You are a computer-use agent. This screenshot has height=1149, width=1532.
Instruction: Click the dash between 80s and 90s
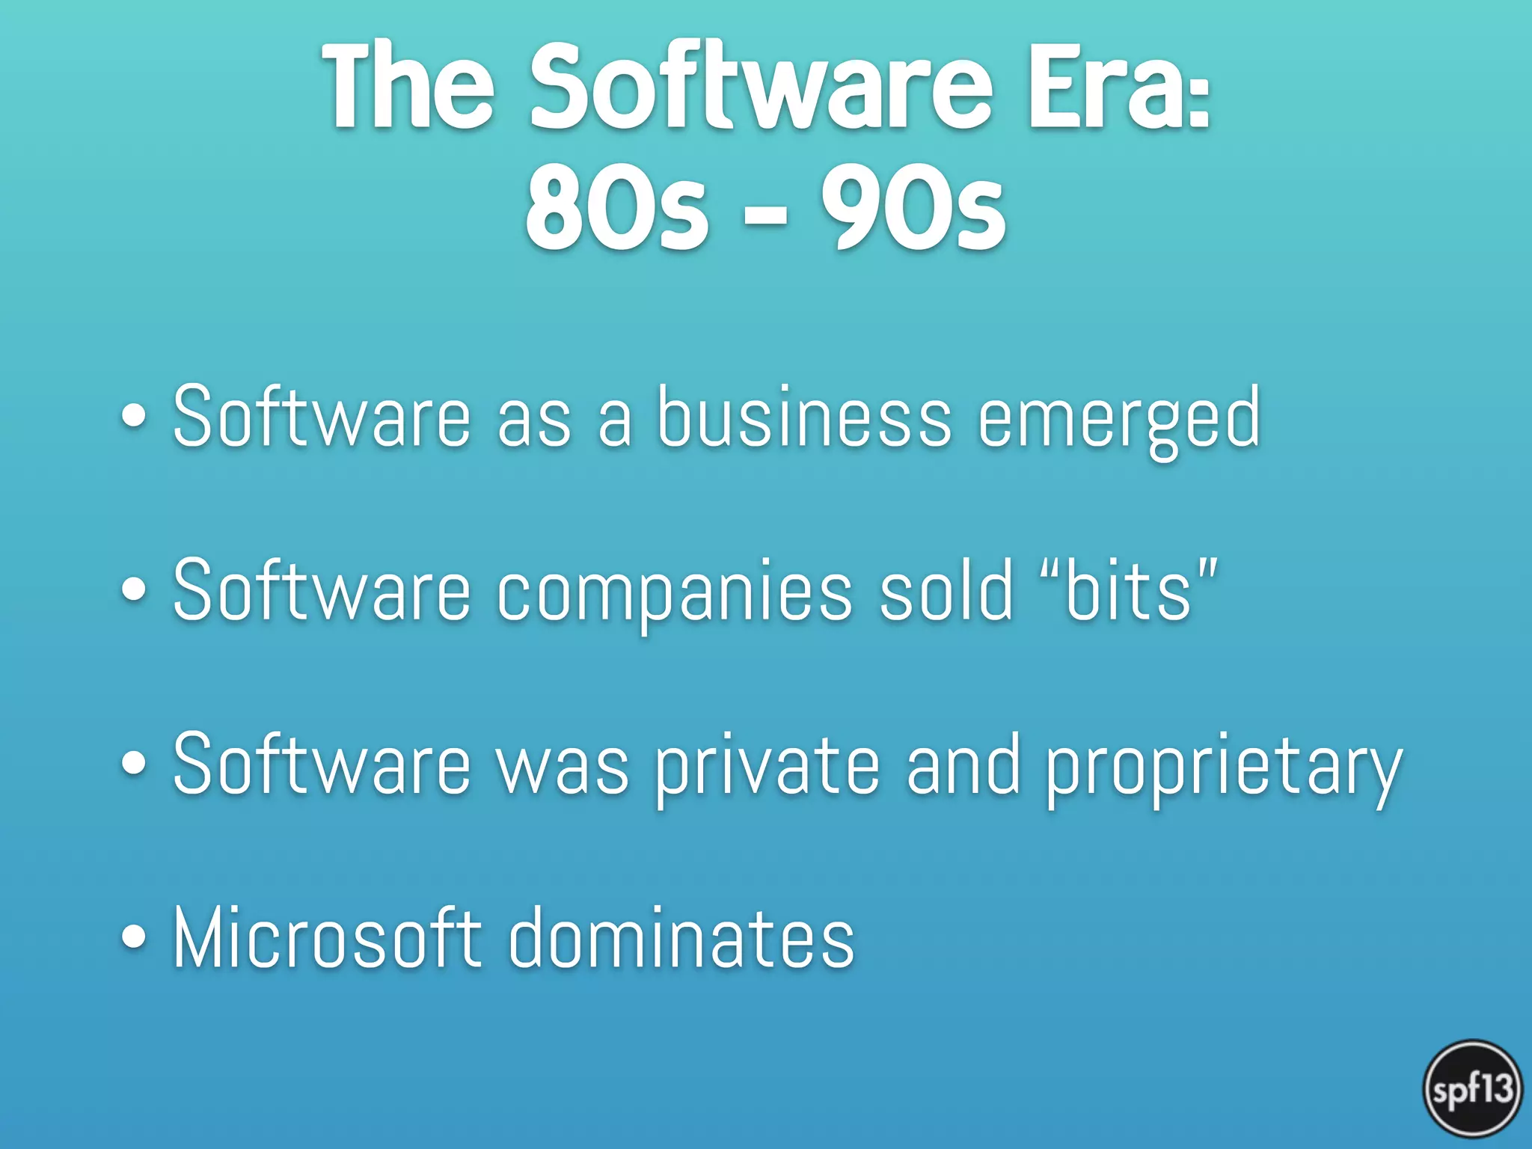click(765, 215)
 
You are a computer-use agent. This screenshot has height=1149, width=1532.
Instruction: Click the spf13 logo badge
click(1472, 1088)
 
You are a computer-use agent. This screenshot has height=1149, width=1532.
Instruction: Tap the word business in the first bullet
click(804, 417)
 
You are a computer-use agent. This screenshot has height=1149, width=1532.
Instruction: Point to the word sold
click(946, 591)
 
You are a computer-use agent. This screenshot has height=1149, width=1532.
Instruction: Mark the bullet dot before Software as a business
click(134, 417)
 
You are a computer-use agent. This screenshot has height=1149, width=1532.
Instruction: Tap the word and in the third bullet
click(963, 765)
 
